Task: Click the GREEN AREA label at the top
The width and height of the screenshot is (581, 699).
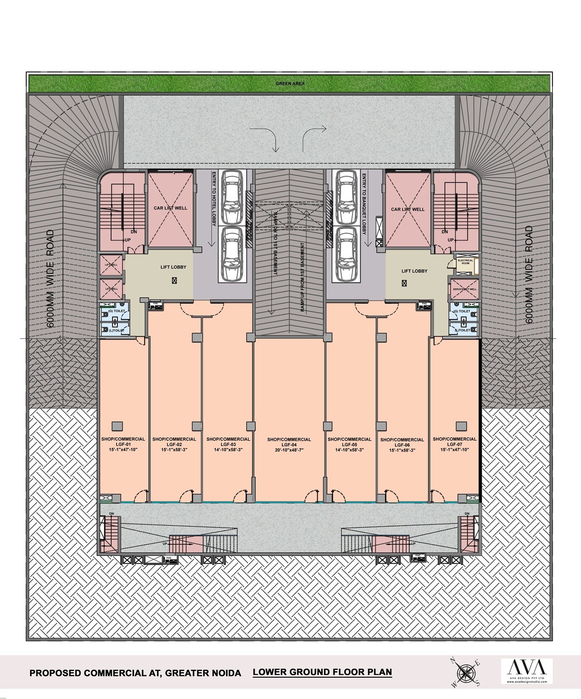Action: pos(290,83)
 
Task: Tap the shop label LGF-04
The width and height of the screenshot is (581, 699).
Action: pos(289,445)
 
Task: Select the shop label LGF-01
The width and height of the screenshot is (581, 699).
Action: pos(123,444)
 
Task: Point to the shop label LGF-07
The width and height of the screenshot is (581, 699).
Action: pos(454,444)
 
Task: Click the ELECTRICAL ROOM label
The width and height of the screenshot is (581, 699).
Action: pos(465,262)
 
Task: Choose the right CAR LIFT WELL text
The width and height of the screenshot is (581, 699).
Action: pos(408,209)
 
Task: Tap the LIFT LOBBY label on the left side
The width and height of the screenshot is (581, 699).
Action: pos(173,267)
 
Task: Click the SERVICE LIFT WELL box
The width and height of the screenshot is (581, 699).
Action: pos(465,289)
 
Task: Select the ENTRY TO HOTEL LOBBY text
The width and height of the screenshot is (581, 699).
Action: pos(214,199)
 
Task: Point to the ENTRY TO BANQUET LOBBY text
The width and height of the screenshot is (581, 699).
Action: pos(364,209)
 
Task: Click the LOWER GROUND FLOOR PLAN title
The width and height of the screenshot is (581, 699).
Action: pos(323,672)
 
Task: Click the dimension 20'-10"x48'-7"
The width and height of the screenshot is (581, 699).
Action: pos(289,450)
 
